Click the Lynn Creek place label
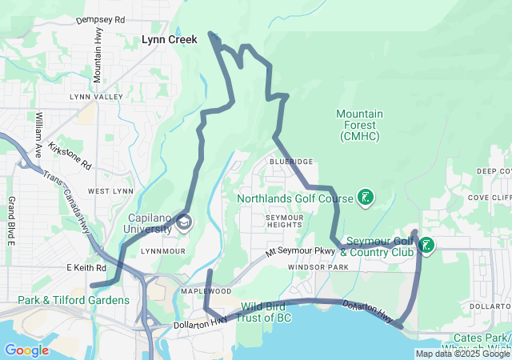(x=169, y=38)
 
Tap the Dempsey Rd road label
(x=100, y=18)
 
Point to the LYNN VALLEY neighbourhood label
(x=96, y=97)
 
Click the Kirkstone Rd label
(x=70, y=154)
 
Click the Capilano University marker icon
(x=185, y=222)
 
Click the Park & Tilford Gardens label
(x=74, y=300)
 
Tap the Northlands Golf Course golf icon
(x=365, y=198)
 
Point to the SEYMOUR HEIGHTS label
(x=283, y=221)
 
